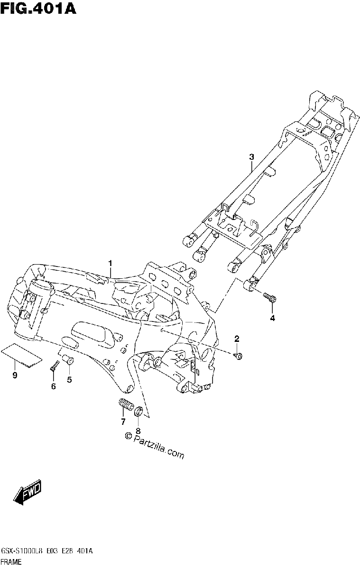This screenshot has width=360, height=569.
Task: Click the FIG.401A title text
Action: [38, 9]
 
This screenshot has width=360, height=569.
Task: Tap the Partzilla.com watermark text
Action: [155, 446]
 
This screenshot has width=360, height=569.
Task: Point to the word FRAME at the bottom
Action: [11, 562]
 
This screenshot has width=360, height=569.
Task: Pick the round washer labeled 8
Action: [138, 411]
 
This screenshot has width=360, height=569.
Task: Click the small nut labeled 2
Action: [238, 356]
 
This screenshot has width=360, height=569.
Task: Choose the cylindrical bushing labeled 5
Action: [68, 360]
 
